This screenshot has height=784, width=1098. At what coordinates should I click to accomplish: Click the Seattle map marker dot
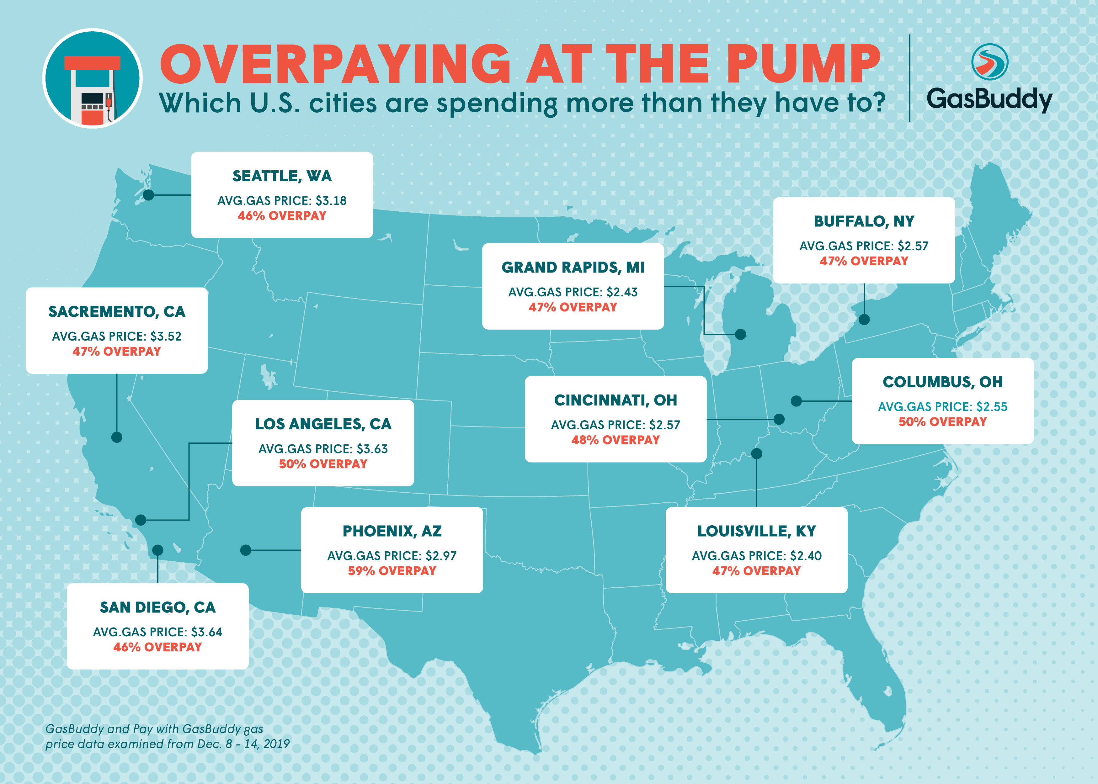click(149, 195)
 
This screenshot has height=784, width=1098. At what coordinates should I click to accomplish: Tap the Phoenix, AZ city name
click(392, 531)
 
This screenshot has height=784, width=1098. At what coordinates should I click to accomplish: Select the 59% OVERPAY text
click(392, 571)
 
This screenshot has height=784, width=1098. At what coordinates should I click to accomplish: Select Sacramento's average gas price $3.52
click(166, 336)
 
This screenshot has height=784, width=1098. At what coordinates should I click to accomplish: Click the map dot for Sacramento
click(117, 437)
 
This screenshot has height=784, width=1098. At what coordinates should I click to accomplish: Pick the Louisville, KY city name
click(757, 531)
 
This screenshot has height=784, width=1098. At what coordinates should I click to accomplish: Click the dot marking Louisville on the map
click(757, 454)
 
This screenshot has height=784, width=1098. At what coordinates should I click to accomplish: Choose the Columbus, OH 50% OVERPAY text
click(942, 422)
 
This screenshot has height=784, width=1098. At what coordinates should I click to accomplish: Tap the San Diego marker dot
click(158, 550)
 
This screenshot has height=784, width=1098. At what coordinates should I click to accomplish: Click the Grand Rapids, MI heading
click(573, 268)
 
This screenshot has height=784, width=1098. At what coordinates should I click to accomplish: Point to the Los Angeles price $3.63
click(372, 449)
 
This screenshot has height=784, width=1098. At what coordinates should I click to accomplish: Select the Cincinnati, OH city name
click(616, 400)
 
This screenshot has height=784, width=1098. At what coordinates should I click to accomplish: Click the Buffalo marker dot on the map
click(864, 320)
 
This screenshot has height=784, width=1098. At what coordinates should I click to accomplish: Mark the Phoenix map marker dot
click(246, 550)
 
